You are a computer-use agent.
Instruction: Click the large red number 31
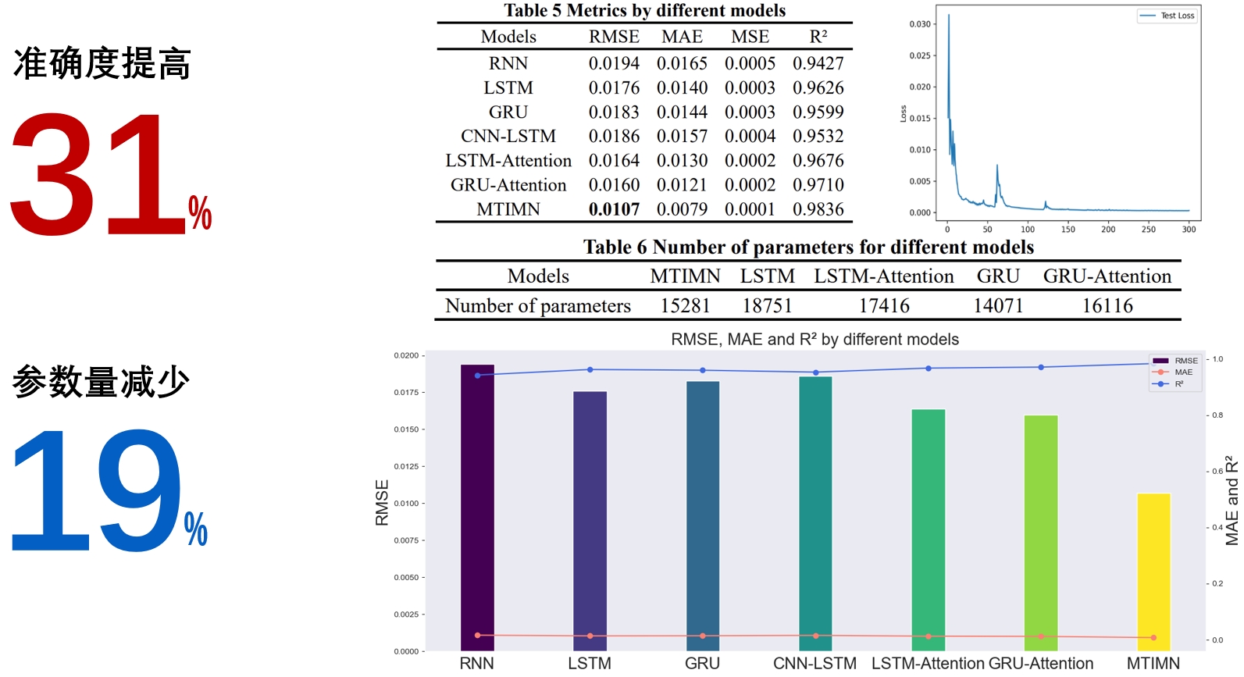[98, 173]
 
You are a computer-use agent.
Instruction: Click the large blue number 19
[95, 490]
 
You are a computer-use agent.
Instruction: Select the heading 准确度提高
[102, 64]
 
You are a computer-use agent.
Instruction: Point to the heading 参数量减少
[102, 382]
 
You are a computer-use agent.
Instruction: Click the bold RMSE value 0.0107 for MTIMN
[614, 209]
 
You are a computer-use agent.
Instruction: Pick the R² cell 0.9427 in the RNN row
[818, 63]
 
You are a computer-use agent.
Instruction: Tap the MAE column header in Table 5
[682, 37]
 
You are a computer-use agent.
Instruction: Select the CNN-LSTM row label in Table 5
[508, 137]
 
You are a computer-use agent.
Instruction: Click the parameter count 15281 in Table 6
[685, 306]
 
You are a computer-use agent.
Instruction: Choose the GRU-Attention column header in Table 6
[1107, 276]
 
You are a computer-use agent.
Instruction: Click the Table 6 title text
[808, 248]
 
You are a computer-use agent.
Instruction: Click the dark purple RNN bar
[477, 508]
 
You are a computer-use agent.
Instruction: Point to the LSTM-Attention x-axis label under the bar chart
[927, 663]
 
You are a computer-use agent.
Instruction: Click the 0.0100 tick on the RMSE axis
[406, 504]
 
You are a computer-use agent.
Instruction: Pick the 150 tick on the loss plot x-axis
[1068, 230]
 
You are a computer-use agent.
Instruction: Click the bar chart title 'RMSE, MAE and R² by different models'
[814, 340]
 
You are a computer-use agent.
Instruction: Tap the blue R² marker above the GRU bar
[703, 370]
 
